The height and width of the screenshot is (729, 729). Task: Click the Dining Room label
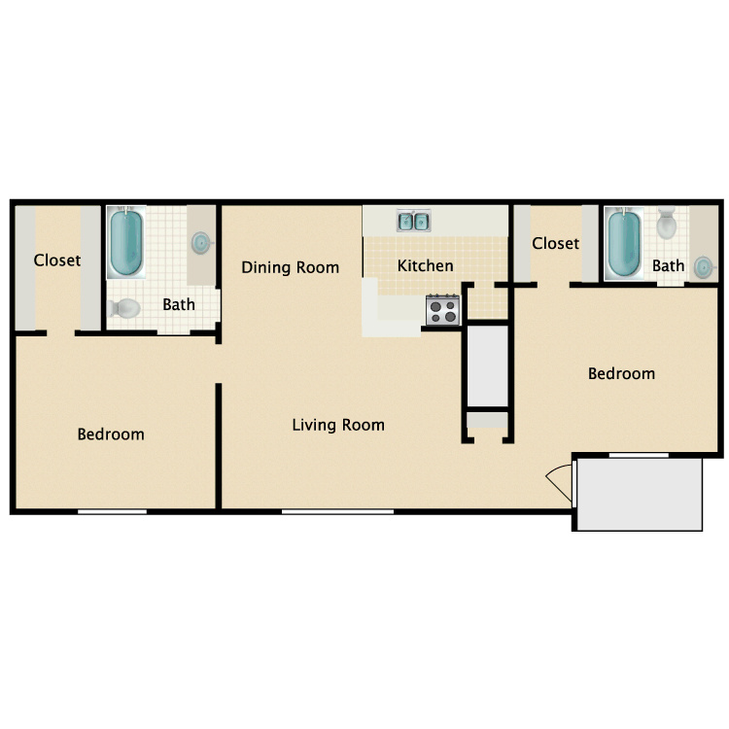[290, 267]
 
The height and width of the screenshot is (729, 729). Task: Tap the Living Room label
[338, 425]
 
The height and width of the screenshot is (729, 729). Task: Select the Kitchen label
[426, 265]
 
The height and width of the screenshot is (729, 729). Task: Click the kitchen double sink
[413, 221]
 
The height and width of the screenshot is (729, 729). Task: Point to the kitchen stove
[443, 310]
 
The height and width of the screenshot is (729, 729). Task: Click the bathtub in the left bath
[126, 242]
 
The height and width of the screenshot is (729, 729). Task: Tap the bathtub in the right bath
[624, 243]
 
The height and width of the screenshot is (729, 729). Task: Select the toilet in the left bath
[123, 308]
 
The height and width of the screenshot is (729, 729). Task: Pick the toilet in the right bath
[667, 224]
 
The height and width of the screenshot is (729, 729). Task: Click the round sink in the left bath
[201, 243]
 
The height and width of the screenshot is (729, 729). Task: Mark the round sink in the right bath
[703, 267]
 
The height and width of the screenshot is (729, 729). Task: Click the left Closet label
[57, 260]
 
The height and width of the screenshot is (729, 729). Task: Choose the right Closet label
[556, 243]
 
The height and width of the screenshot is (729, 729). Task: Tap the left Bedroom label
[111, 434]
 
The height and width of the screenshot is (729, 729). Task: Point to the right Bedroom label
[622, 373]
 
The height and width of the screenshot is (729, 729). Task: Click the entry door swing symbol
[559, 482]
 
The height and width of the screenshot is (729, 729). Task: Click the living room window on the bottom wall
[337, 511]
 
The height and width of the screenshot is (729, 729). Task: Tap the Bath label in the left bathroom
[179, 304]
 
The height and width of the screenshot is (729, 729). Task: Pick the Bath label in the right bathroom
[668, 265]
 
